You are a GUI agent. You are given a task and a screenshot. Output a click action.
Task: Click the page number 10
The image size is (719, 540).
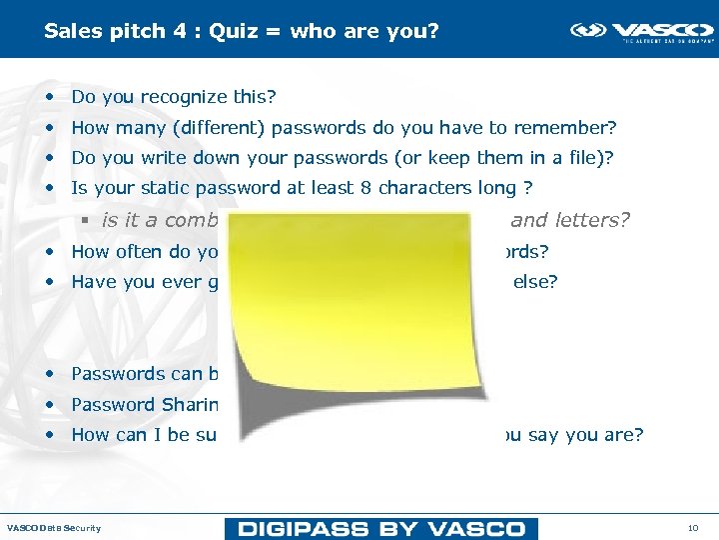tap(693, 527)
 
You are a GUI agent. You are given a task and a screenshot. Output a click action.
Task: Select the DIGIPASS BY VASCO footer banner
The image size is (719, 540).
tap(380, 528)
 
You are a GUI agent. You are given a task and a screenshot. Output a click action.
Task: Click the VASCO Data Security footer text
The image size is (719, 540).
tap(54, 527)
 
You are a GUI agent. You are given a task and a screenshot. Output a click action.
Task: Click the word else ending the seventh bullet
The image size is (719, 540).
tap(535, 282)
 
